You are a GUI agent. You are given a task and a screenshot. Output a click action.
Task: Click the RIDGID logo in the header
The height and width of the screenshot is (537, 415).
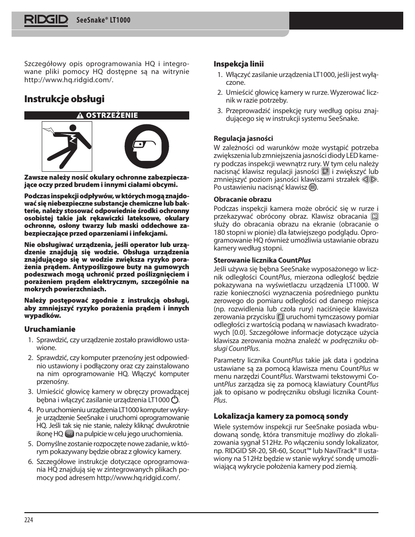46,20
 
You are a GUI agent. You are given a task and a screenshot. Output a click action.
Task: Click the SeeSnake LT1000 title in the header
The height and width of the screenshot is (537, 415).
103,20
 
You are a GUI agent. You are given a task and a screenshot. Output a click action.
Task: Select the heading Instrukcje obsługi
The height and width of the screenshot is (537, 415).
64,99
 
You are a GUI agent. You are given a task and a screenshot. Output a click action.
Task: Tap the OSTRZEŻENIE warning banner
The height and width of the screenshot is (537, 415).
107,115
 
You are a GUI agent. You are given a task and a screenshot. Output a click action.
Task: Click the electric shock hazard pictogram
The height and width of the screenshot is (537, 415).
67,147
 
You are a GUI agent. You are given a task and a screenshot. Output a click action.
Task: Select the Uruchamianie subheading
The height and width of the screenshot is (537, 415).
50,329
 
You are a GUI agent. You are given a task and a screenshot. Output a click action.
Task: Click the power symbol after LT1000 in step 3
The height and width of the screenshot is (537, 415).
175,400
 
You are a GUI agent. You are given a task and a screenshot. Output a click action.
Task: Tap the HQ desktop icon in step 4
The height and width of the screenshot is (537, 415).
70,434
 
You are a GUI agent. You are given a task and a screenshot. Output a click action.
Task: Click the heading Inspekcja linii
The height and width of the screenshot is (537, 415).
238,64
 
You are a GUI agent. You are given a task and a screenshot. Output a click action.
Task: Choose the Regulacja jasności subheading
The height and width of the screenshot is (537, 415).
243,138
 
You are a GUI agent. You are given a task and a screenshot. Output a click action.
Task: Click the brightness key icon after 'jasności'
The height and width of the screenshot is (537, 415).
325,171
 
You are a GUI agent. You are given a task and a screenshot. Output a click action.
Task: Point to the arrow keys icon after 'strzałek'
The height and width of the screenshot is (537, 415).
369,179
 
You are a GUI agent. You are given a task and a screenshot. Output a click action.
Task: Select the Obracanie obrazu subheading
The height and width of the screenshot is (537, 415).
242,199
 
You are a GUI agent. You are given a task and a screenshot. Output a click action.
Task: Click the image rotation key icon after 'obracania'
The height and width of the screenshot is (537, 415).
375,216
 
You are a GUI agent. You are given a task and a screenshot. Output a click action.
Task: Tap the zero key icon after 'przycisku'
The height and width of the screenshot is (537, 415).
281,317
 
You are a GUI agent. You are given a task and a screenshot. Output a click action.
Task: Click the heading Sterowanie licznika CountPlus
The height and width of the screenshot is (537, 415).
262,260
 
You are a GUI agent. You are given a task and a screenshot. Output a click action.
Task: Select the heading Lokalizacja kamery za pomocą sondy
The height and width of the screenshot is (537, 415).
281,416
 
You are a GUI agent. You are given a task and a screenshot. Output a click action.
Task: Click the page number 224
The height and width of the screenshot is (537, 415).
29,520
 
